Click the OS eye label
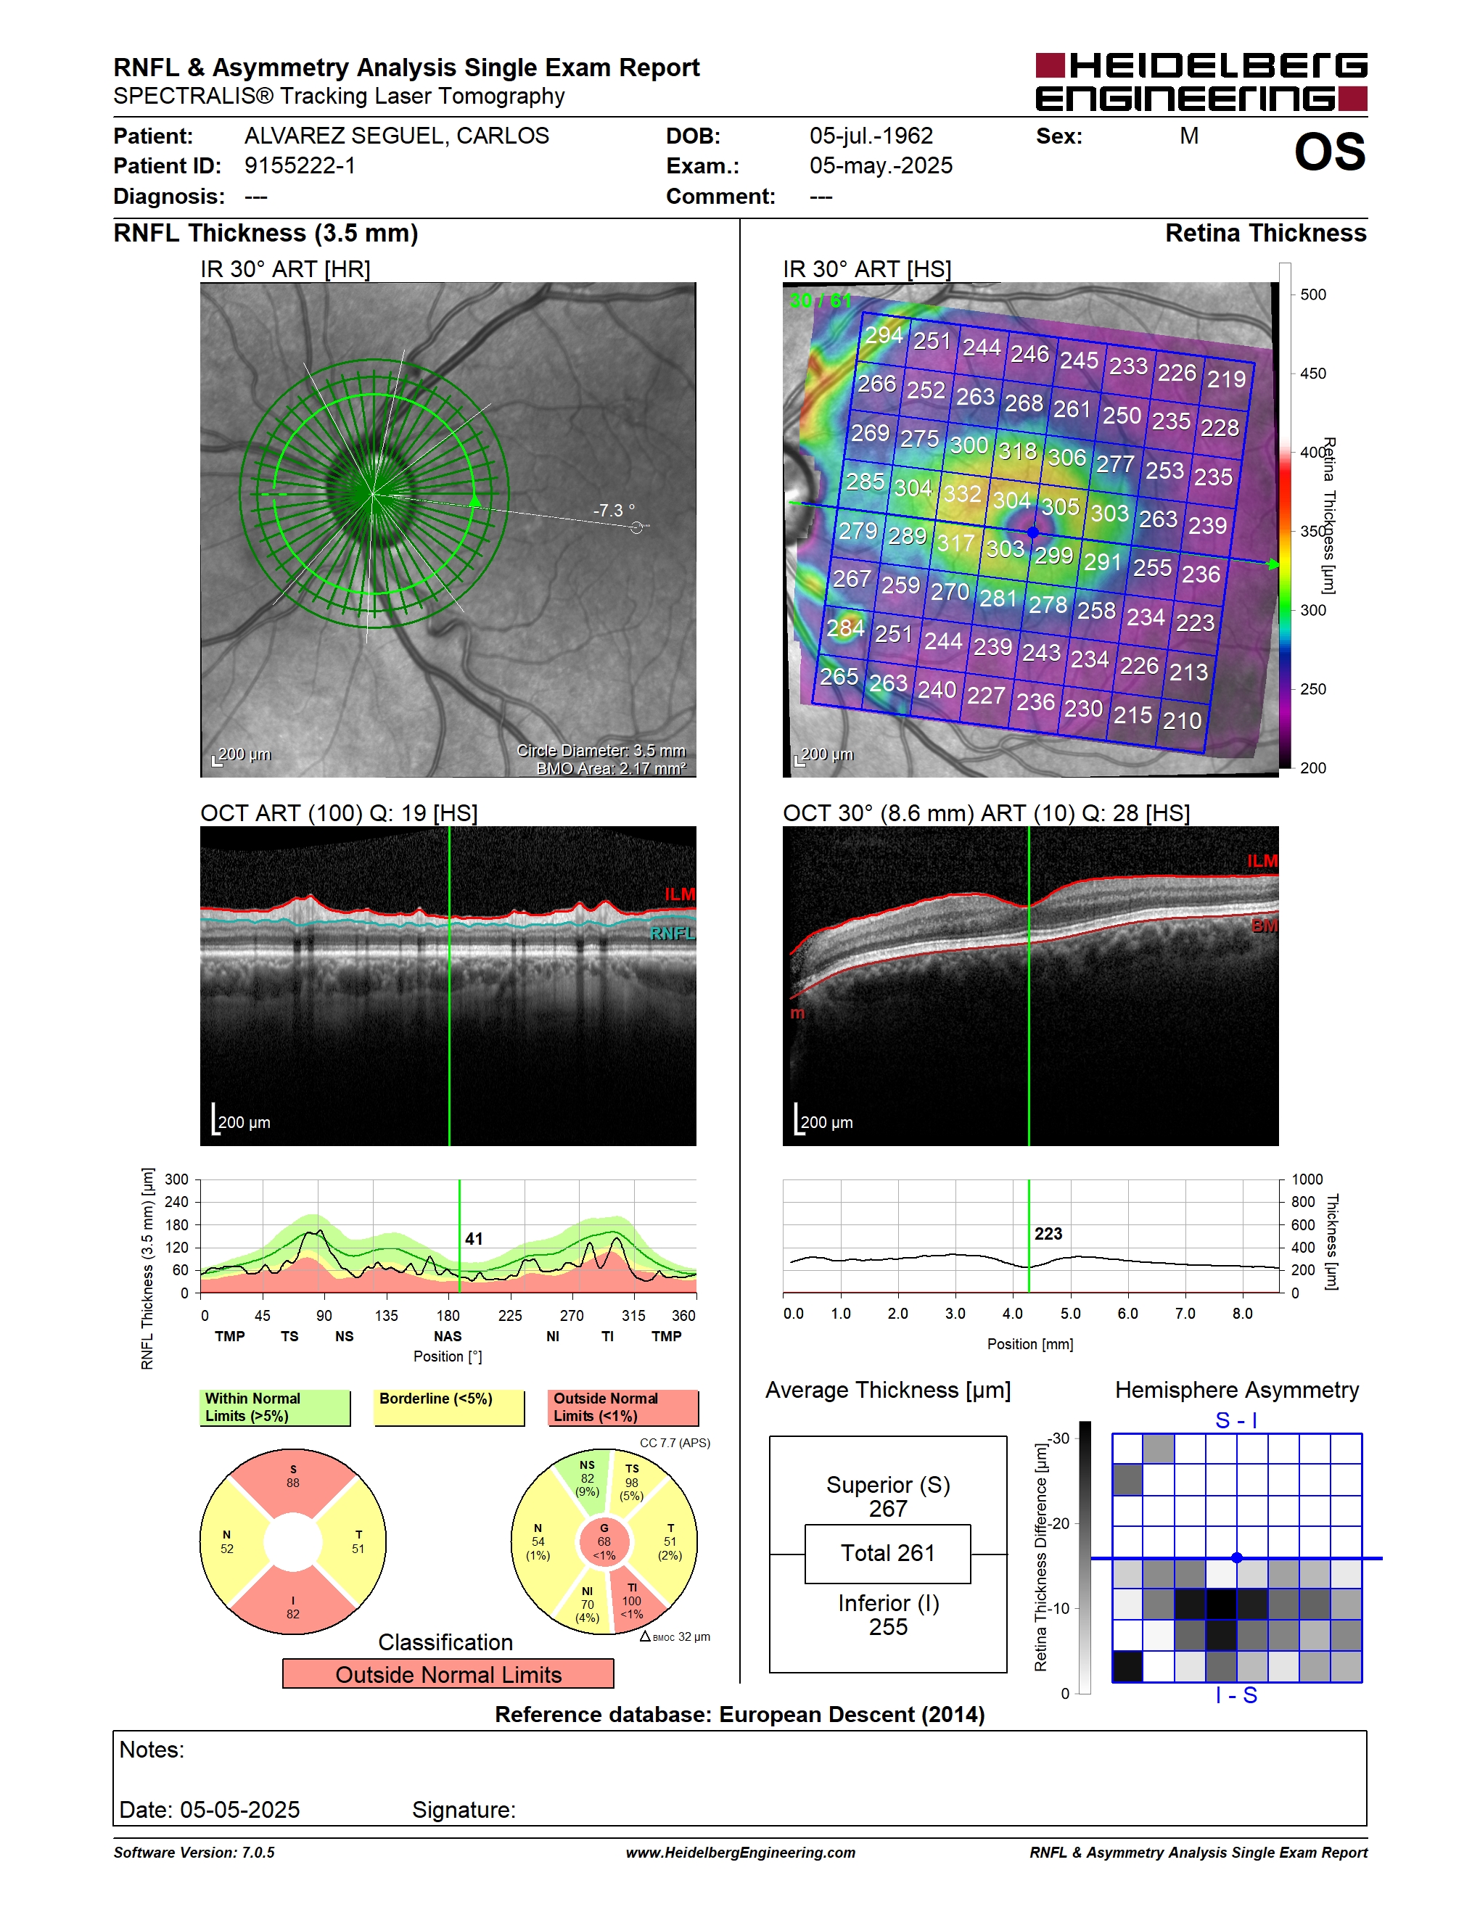[1329, 152]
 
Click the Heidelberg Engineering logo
[1201, 81]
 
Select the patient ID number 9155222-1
[300, 165]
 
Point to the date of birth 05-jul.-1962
[871, 136]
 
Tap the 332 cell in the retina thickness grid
[962, 494]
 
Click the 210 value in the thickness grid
[1182, 721]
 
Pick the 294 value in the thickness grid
[884, 335]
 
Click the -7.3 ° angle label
[614, 511]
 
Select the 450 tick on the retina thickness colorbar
[1312, 374]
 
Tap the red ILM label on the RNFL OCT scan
[680, 894]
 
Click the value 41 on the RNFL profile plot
[474, 1239]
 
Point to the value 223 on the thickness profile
[1048, 1234]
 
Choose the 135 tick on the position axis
[386, 1315]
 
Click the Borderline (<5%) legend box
[449, 1407]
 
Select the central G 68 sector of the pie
[604, 1541]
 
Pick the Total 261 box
[887, 1553]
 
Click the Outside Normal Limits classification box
[448, 1674]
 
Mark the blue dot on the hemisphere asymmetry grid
[1236, 1557]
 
